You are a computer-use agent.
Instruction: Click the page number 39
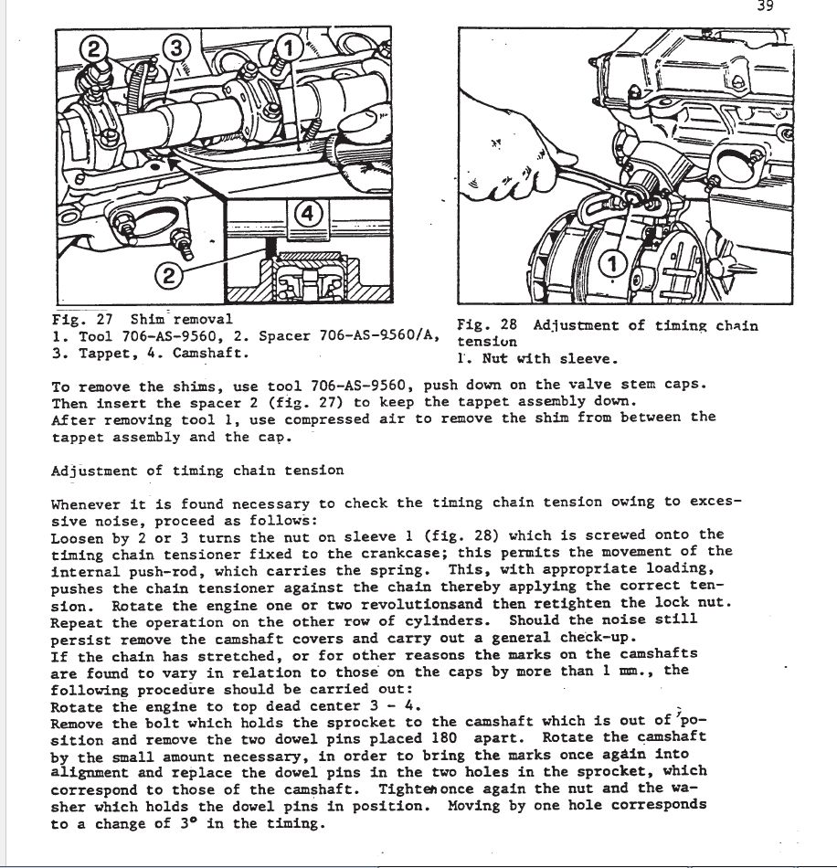[x=766, y=7]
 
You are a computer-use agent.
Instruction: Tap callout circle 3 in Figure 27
[x=177, y=47]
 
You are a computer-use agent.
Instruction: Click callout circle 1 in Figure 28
[x=613, y=264]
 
